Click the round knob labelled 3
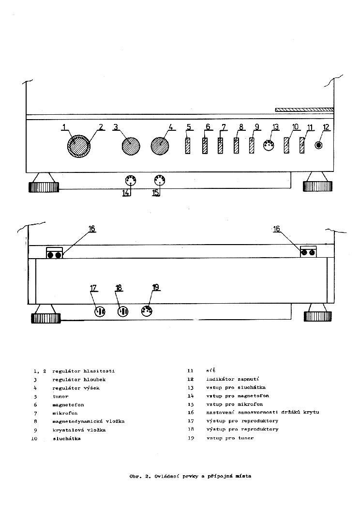pos(130,146)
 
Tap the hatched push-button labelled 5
pos(188,146)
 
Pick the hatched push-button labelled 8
pos(236,146)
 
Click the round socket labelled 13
pos(269,145)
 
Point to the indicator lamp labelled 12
pos(319,145)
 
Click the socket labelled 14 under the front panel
pos(130,181)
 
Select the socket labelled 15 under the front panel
pos(159,181)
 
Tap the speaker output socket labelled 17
pos(99,311)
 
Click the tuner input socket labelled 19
pos(147,310)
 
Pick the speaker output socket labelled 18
pos(123,311)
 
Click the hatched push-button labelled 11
pos(302,145)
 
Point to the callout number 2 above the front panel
pos(101,127)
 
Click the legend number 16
pos(190,413)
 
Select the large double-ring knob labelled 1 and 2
pos(79,146)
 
